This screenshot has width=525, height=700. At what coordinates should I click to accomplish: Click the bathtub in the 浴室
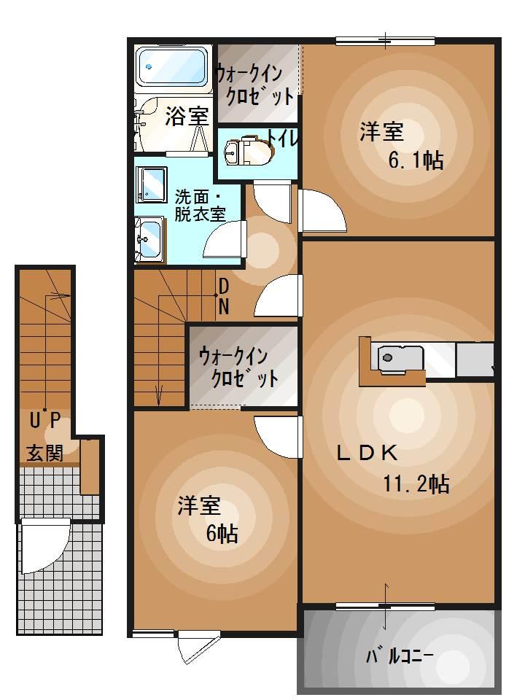click(x=173, y=69)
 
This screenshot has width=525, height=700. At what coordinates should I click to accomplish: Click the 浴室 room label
click(x=187, y=116)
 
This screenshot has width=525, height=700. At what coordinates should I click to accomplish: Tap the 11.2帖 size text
click(x=416, y=483)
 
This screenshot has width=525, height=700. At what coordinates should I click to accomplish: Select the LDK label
click(x=366, y=454)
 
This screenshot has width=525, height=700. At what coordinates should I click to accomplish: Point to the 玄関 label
click(x=44, y=454)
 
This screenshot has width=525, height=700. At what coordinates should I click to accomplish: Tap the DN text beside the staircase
click(x=224, y=295)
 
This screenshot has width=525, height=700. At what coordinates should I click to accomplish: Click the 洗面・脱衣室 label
click(x=198, y=205)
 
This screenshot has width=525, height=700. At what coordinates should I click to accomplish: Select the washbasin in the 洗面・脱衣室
click(x=150, y=237)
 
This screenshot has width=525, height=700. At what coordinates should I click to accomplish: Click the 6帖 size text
click(x=221, y=533)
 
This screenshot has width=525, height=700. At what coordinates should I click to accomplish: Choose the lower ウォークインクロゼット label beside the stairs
click(x=238, y=367)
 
